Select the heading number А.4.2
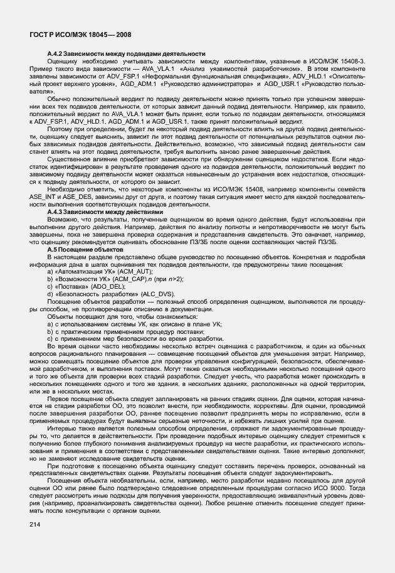tap(57, 54)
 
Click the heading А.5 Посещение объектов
tap(82, 250)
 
